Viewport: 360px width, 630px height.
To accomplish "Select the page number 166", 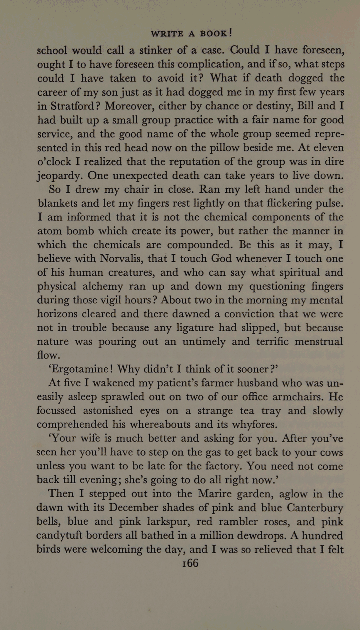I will pos(190,563).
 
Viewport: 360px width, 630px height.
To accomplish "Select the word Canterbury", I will pos(314,508).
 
